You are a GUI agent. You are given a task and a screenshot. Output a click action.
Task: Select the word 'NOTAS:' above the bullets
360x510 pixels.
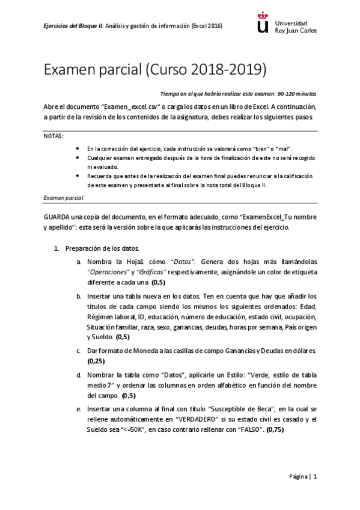(x=53, y=136)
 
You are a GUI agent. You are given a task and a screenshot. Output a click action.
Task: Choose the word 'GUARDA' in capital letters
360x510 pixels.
(x=58, y=217)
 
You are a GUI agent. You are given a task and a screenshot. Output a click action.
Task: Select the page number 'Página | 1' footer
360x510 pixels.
(x=302, y=476)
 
